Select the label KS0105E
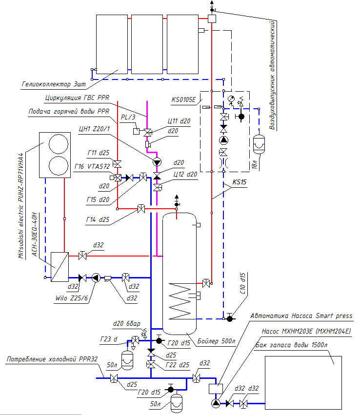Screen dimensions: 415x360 [x=183, y=100]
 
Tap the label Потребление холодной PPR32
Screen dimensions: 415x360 [x=52, y=359]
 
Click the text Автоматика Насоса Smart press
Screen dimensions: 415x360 [x=301, y=316]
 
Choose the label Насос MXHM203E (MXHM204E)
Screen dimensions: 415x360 [x=304, y=331]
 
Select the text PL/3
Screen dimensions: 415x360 [x=127, y=118]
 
